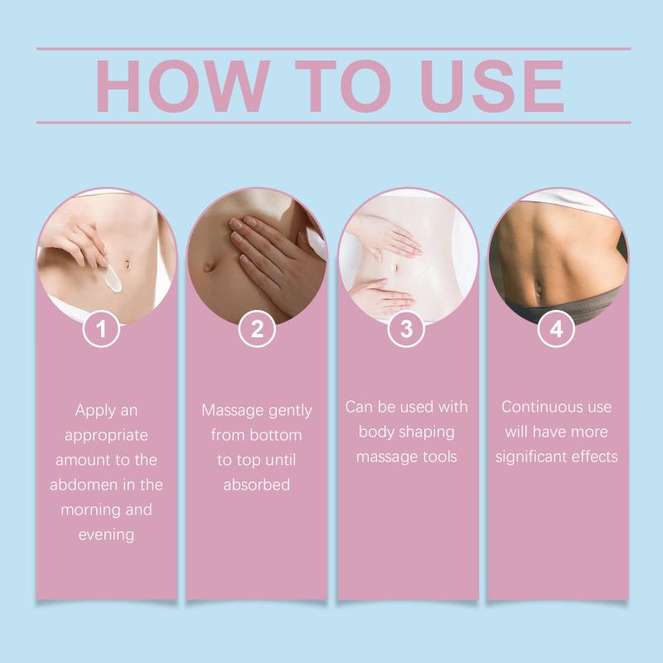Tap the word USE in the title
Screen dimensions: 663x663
(x=492, y=86)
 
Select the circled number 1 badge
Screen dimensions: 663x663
(x=101, y=328)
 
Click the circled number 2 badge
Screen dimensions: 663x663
(x=257, y=328)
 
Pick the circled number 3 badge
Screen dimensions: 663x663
(x=406, y=328)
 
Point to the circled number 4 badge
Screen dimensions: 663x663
(x=556, y=328)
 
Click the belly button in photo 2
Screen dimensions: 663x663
(x=209, y=266)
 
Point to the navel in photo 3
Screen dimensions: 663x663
(x=396, y=268)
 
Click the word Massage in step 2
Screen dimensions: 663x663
(x=233, y=410)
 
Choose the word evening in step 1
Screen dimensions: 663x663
(x=107, y=535)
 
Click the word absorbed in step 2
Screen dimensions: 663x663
(x=257, y=485)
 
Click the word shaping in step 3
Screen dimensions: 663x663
(x=427, y=433)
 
